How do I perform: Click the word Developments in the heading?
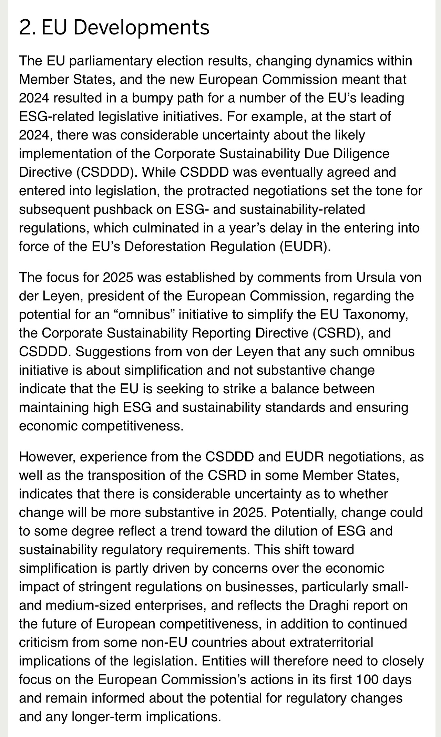coord(142,28)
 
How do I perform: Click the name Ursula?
coord(377,278)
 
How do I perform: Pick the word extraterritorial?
coord(331,643)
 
